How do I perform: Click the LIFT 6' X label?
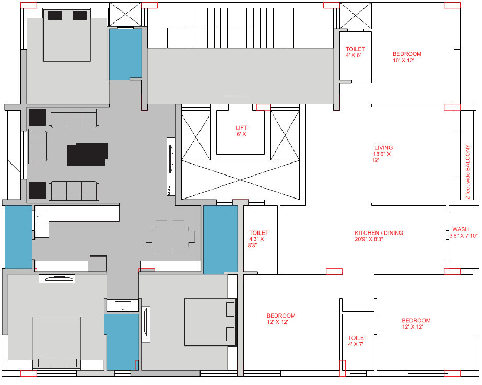coord(241,131)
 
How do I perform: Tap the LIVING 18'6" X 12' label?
coord(383,154)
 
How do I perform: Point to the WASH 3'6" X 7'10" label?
coord(460,232)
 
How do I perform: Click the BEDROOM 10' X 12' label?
coord(407,57)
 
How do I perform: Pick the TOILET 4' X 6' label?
coord(355,52)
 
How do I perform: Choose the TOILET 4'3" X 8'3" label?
coord(258,239)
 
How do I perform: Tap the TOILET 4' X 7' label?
coord(358,341)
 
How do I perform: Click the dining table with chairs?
coord(170,237)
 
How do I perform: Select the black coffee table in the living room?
coord(88,154)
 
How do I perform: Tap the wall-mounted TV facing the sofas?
coord(171,166)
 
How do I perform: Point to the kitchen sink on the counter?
coord(41,216)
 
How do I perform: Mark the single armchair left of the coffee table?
coord(37,146)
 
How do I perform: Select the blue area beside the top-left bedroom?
coord(125,54)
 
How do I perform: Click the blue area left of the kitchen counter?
coord(18,237)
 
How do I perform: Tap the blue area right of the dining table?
coord(220,239)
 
